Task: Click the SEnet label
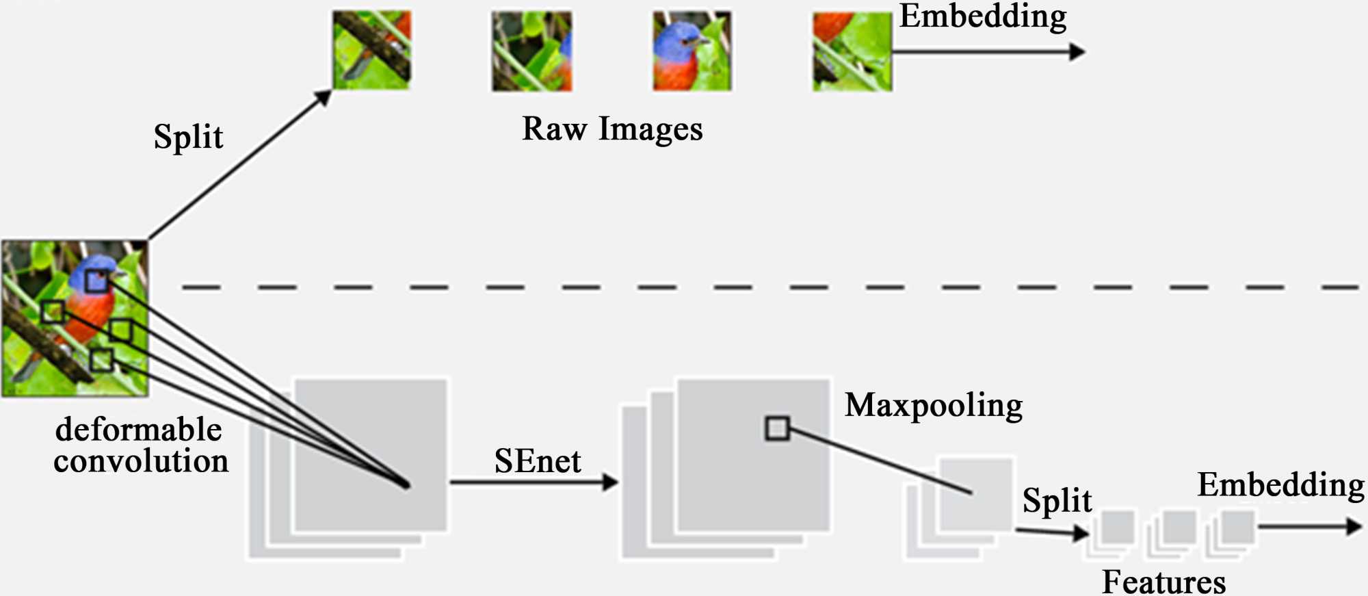coord(538,461)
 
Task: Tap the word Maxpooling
coord(934,405)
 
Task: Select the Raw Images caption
coord(612,129)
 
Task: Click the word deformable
coord(139,430)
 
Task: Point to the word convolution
coord(141,461)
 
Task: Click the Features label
coord(1163,582)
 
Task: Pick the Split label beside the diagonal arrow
coord(188,136)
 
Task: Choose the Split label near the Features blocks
coord(1057,500)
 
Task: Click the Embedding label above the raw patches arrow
coord(983,16)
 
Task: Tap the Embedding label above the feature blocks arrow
coord(1280,484)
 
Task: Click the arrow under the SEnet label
coord(534,482)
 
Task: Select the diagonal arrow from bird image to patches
coord(239,166)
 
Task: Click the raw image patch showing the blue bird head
coord(692,51)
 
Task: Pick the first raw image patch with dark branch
coord(371,50)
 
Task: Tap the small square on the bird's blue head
coord(96,281)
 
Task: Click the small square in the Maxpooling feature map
coord(777,428)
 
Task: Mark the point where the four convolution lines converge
coord(406,484)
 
